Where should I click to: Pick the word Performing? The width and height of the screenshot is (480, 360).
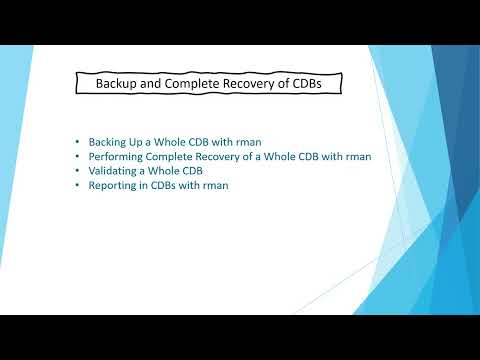click(117, 157)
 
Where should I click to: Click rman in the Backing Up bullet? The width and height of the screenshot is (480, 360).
click(253, 142)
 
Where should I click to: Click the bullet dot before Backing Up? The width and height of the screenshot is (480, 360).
click(78, 142)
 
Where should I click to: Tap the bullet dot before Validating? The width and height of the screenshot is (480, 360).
click(78, 171)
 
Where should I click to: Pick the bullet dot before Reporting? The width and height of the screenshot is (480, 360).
click(78, 185)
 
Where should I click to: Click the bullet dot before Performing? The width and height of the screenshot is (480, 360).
click(78, 157)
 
